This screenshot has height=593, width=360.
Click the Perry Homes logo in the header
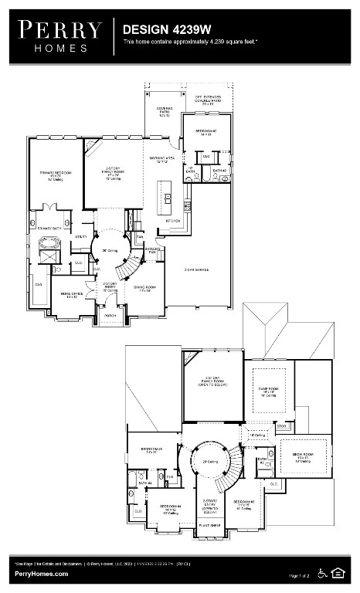(x=60, y=36)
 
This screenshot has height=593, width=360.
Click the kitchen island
(x=164, y=198)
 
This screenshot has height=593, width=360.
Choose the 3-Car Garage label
(x=198, y=269)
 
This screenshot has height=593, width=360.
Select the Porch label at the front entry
(x=110, y=315)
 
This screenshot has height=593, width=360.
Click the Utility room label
(x=80, y=237)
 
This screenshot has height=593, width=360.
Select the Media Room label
(x=302, y=458)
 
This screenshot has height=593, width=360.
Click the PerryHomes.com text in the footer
(x=40, y=574)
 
